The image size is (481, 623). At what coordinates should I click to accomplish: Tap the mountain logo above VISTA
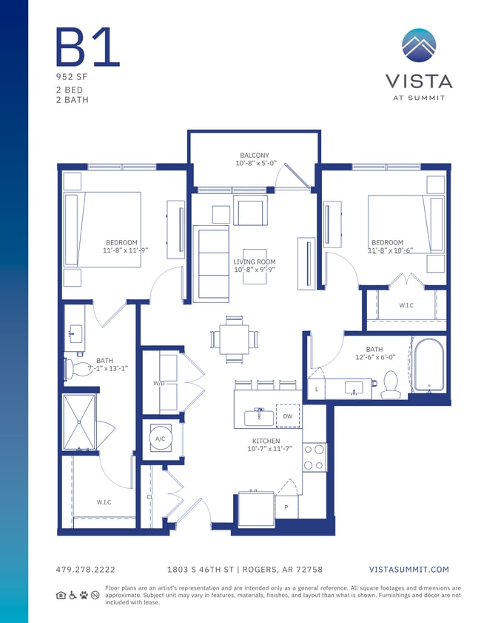point(419,46)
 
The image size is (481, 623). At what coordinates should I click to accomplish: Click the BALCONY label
point(254,156)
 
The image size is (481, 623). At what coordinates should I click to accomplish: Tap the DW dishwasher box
point(288,416)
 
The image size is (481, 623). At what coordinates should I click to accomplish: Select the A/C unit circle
point(159,439)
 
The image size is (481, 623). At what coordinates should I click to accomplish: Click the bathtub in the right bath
point(428,365)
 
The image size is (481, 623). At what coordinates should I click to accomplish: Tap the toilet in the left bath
point(70,368)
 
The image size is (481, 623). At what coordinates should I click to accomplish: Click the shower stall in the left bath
point(78,422)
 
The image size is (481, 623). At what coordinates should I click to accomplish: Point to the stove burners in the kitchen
point(314,457)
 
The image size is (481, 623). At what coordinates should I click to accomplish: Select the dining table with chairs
point(235,339)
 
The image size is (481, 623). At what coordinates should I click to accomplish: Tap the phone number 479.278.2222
point(86,570)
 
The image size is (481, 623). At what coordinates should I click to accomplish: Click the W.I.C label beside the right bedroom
point(406,305)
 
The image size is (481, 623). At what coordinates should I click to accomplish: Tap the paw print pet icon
point(84,595)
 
